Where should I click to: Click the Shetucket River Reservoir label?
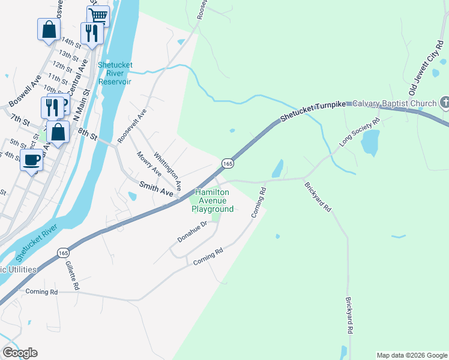(x=116, y=74)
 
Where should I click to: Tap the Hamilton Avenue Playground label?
(x=212, y=200)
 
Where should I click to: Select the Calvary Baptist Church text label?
(x=394, y=103)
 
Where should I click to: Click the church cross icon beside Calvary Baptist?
(x=444, y=103)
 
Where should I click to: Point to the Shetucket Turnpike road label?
(x=314, y=106)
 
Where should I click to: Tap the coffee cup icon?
(x=31, y=160)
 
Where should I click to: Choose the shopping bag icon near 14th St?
(x=49, y=29)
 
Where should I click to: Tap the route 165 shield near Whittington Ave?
(x=228, y=163)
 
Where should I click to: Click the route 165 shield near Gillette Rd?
(x=63, y=253)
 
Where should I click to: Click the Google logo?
(x=20, y=353)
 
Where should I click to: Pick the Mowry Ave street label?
(x=149, y=163)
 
